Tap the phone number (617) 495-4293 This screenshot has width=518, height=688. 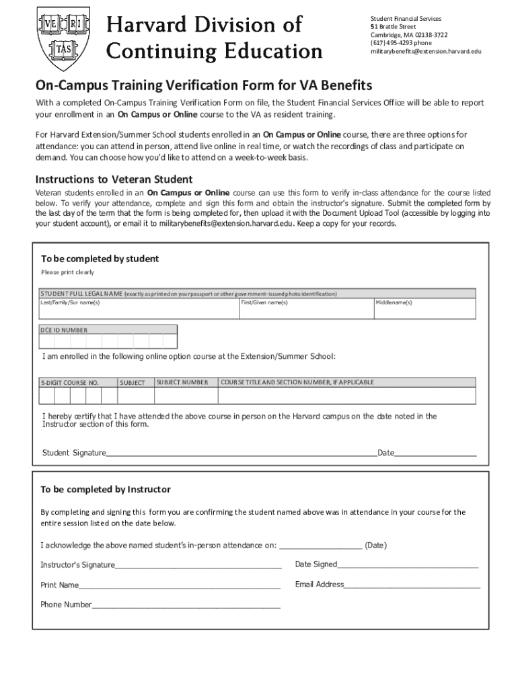coord(401,43)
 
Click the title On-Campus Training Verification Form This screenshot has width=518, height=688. coord(204,86)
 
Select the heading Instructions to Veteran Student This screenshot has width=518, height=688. coord(114,179)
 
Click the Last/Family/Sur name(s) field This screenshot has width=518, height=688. coord(139,309)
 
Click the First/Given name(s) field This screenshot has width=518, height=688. coord(305,309)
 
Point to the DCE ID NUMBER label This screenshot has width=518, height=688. coord(64,330)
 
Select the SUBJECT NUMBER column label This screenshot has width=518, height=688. coord(182,382)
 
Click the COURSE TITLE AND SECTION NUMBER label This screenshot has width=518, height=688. coord(297,382)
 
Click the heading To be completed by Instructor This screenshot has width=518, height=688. coord(106,489)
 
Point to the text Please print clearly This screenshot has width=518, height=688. coord(67,272)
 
